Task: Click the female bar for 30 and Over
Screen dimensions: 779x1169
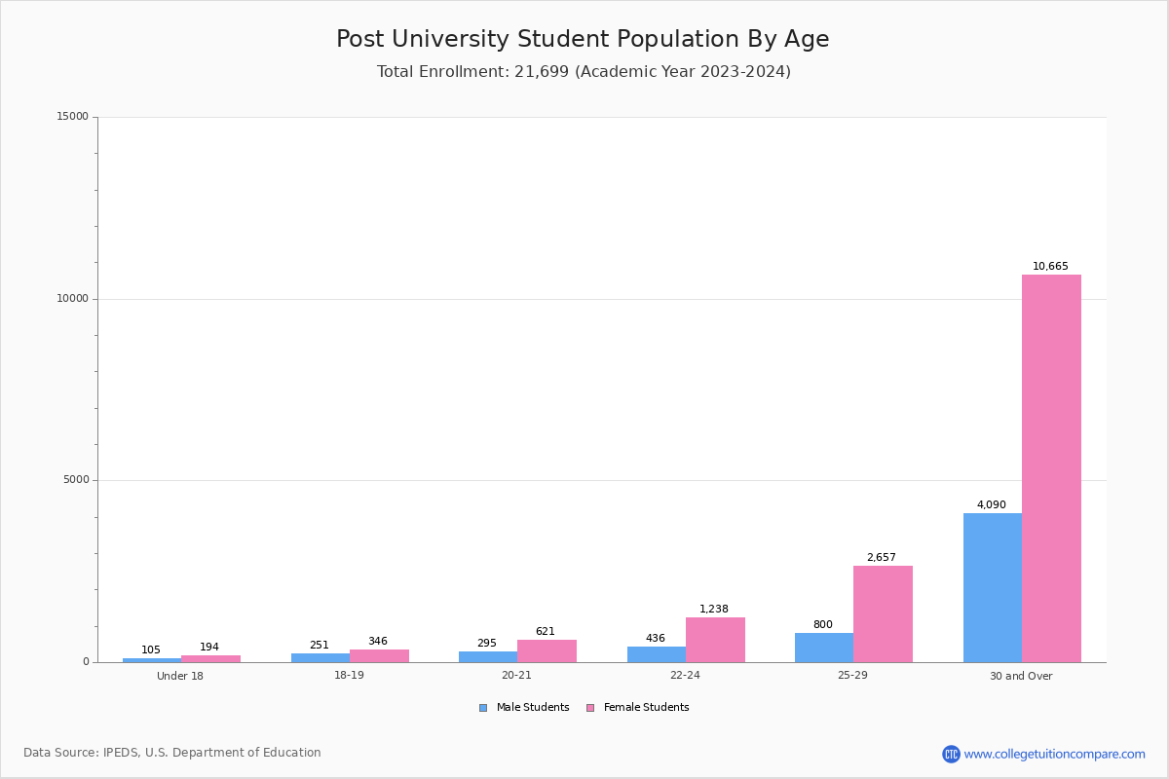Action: [1051, 467]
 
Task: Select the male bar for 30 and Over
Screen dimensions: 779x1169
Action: [992, 587]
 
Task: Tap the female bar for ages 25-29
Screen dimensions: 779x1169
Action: [883, 613]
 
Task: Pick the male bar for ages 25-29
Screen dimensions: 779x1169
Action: [823, 648]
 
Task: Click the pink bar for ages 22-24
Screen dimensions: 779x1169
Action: [715, 640]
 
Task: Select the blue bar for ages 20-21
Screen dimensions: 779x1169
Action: [487, 657]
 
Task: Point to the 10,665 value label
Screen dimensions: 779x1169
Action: [1050, 266]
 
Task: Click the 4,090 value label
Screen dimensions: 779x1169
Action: [991, 504]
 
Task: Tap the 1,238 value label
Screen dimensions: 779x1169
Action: [713, 609]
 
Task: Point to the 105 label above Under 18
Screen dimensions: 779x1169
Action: [151, 649]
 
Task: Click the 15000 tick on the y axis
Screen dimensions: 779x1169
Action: [73, 117]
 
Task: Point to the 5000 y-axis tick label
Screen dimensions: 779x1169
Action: [76, 480]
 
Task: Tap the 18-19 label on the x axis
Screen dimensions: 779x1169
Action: [349, 676]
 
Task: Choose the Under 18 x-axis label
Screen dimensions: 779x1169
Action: [180, 676]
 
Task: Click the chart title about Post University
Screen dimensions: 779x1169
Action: [583, 39]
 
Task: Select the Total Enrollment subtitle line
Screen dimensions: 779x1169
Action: [584, 71]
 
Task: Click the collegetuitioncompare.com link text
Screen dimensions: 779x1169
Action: [1054, 754]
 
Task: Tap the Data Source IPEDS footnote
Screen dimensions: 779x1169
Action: [172, 753]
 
